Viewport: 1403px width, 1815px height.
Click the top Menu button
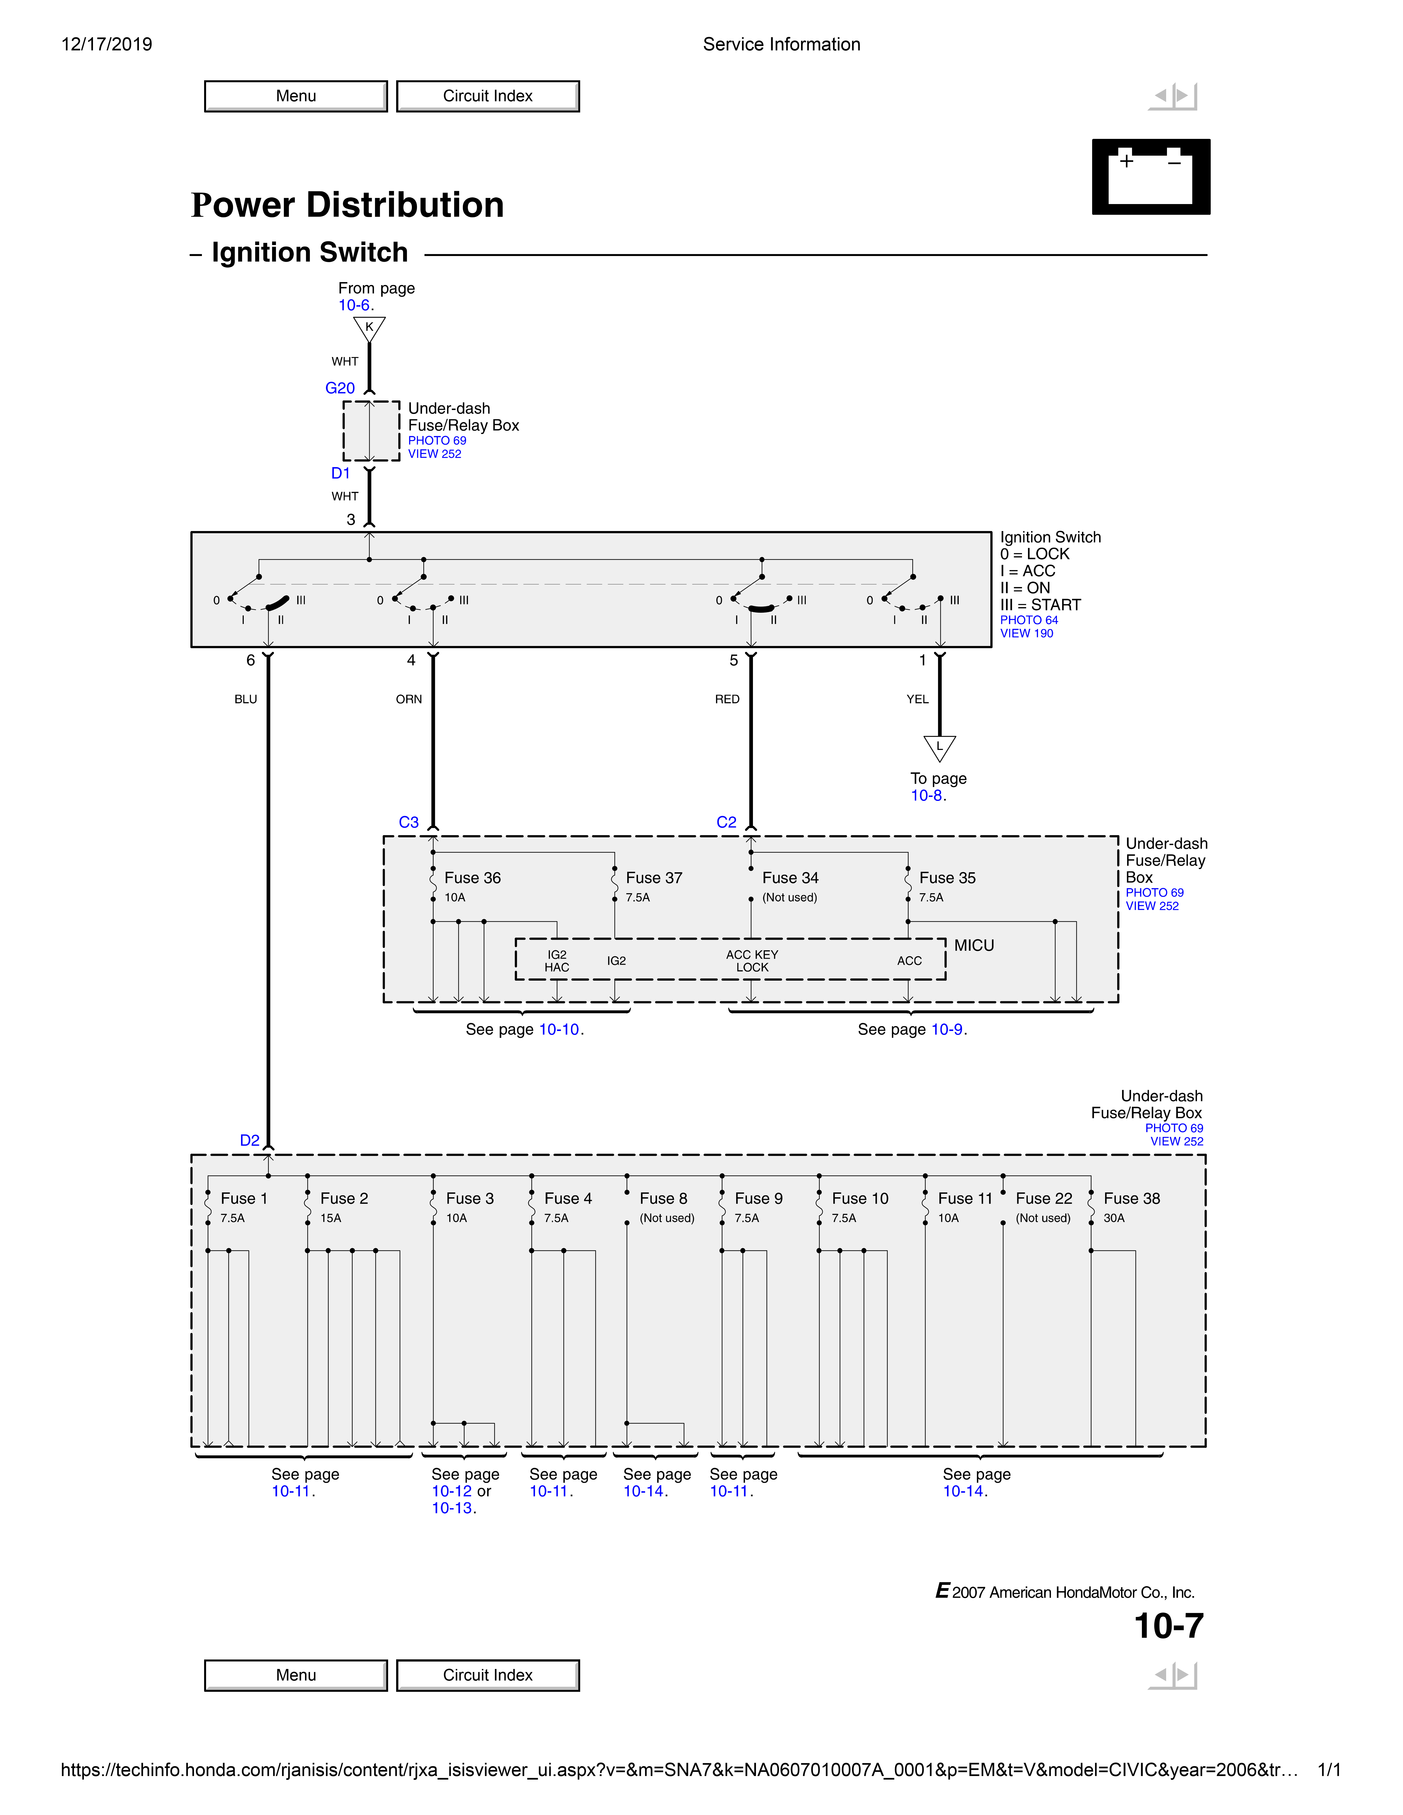coord(296,96)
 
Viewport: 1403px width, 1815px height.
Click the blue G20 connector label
coord(340,388)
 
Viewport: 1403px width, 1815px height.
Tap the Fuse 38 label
coord(1131,1198)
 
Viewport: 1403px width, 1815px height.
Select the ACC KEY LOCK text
coord(752,961)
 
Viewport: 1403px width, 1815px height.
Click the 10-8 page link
coord(926,795)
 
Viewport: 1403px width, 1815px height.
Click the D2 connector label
coord(249,1140)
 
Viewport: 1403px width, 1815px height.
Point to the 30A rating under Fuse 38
coord(1114,1218)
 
